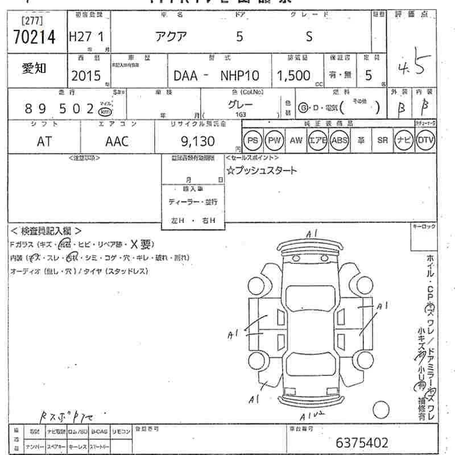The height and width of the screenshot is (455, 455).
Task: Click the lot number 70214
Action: click(x=34, y=37)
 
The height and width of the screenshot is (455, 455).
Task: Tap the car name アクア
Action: click(x=170, y=36)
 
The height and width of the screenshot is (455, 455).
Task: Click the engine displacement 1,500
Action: click(x=293, y=76)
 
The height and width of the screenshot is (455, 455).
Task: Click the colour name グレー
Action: click(x=241, y=105)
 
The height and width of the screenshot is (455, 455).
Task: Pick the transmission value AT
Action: click(x=44, y=141)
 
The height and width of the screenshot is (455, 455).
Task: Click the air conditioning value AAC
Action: click(x=117, y=141)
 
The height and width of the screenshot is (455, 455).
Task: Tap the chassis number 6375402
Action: click(x=362, y=442)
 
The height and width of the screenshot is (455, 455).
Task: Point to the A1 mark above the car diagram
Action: click(x=311, y=234)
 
